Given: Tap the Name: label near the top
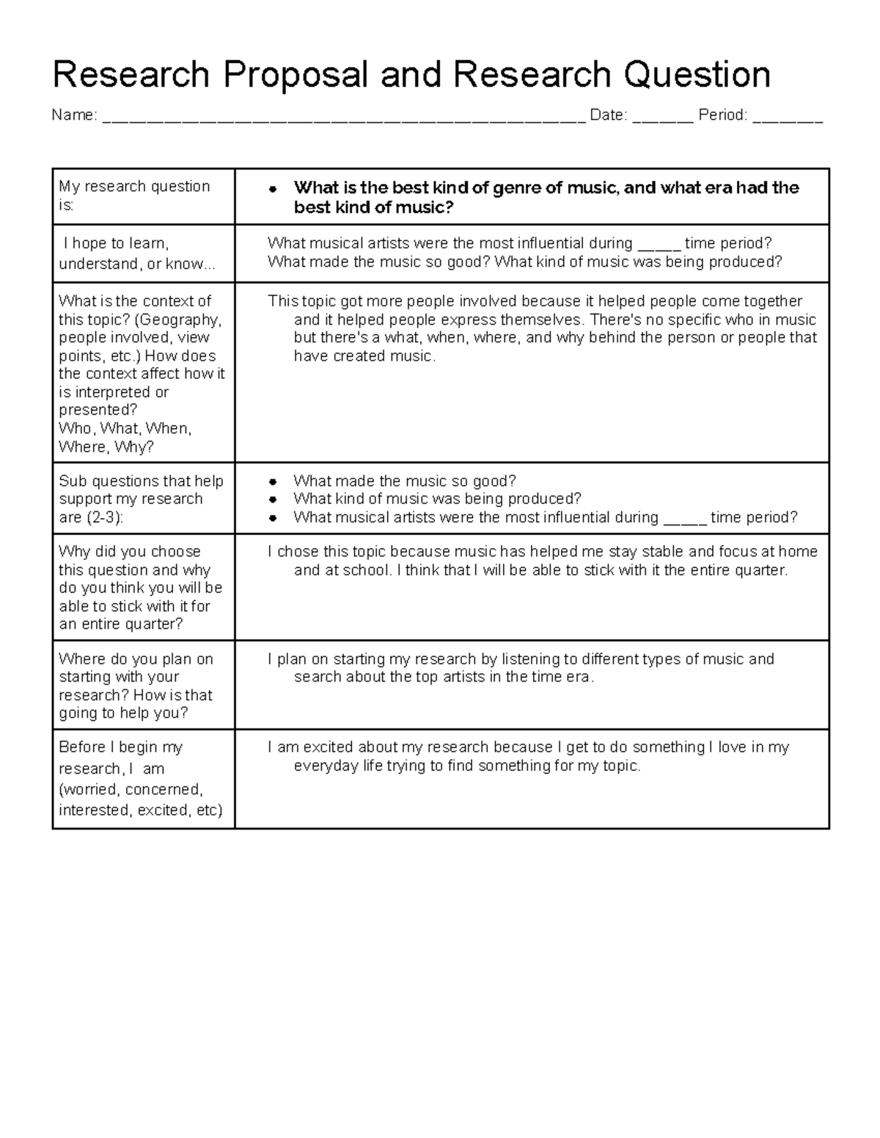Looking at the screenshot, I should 74,115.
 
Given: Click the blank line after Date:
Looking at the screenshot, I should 662,117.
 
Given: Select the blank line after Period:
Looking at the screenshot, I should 788,117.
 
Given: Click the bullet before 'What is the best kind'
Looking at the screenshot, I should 273,189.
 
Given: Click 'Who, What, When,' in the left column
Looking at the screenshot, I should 125,429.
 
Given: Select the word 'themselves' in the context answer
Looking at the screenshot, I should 542,319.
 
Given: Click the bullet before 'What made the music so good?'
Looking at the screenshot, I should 273,482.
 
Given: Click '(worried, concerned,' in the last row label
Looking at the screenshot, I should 131,790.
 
